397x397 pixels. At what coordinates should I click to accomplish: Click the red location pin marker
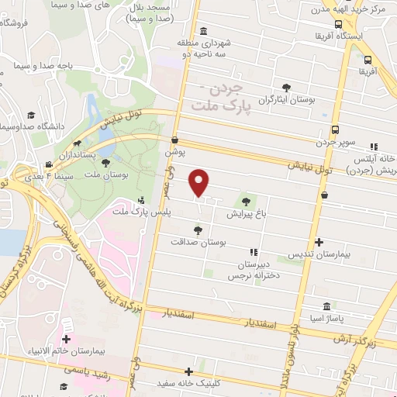point(199,183)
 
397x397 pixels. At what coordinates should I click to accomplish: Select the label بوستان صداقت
point(200,243)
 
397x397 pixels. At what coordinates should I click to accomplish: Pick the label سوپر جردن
point(334,143)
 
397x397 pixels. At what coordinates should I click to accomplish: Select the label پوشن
point(175,154)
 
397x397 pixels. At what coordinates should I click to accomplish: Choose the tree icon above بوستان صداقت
point(198,230)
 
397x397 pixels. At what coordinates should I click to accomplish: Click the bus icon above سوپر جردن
point(334,129)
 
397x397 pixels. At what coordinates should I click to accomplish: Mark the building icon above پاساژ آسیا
point(325,306)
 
